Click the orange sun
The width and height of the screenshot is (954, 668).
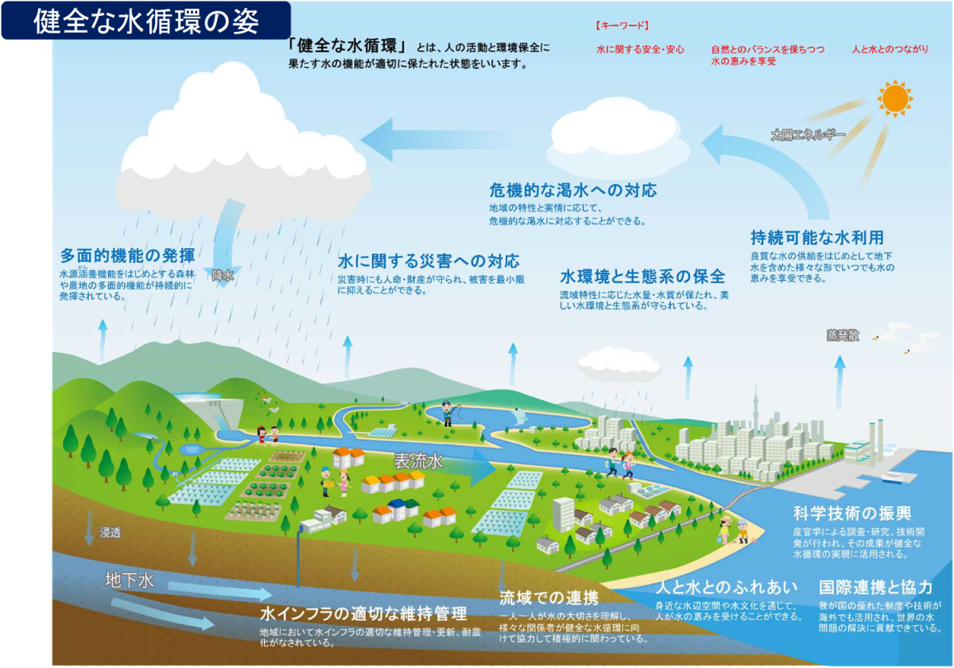coord(895,99)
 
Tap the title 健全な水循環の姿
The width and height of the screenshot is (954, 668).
coord(146,21)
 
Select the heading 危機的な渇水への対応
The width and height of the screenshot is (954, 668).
coord(573,190)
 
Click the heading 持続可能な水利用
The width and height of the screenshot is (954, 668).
coord(817,237)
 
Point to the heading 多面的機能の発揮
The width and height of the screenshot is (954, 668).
coord(127,255)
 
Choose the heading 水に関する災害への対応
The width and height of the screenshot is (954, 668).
coord(429,261)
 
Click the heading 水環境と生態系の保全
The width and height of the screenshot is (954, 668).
coord(642,277)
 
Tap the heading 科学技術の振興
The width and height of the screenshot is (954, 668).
coord(852,514)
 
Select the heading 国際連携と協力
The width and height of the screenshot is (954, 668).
coord(875,588)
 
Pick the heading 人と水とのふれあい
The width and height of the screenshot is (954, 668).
coord(726,588)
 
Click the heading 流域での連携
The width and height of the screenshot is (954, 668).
coord(549,598)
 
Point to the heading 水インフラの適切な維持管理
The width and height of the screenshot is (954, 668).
coord(363,613)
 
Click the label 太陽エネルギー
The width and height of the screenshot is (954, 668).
coord(808,135)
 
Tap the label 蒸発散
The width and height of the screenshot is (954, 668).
coord(843,336)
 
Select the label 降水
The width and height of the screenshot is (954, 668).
coord(223,276)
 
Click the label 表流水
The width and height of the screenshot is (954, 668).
coord(418,461)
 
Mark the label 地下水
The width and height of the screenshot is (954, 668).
coord(130,581)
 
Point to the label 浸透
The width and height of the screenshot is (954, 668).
coord(111,533)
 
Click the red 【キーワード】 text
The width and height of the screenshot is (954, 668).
coord(622,25)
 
